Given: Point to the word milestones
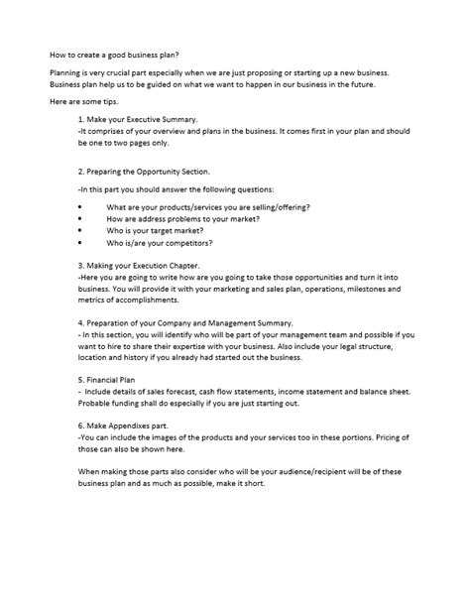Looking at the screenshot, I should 352,289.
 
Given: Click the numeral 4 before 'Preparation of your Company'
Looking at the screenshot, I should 79,323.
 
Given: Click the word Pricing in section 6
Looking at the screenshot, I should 381,437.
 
